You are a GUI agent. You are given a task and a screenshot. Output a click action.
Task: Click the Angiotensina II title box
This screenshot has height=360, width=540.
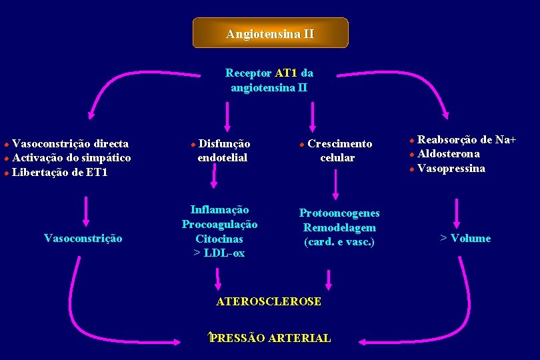(x=270, y=33)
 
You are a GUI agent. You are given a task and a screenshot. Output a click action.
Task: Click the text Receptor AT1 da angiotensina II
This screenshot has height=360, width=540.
(x=269, y=80)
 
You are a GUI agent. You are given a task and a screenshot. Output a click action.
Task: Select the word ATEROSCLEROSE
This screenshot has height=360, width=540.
(x=269, y=301)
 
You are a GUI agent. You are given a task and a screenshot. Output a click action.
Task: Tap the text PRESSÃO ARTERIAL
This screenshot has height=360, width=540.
(x=270, y=338)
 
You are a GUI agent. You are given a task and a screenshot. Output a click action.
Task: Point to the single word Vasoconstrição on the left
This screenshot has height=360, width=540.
(x=83, y=238)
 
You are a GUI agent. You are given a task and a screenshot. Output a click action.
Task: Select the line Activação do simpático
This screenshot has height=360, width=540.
(x=71, y=158)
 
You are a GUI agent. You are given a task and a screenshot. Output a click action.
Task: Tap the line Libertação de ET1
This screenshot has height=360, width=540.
(x=60, y=173)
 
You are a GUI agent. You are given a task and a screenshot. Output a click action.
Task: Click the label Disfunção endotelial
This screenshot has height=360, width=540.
(x=222, y=151)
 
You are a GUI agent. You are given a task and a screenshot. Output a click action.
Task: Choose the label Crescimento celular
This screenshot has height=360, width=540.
(x=337, y=151)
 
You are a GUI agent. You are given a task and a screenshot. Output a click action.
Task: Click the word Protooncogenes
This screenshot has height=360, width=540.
(x=339, y=213)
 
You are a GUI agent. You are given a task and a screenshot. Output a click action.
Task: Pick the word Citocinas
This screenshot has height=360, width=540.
(x=219, y=239)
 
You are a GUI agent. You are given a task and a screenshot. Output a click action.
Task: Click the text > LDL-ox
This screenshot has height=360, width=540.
(x=219, y=253)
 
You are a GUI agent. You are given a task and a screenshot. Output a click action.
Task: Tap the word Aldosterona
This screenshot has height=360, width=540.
(x=448, y=154)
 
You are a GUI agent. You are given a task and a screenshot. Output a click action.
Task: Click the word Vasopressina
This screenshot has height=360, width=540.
(x=451, y=169)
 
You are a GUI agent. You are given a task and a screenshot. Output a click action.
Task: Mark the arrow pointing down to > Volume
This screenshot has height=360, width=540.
(x=457, y=213)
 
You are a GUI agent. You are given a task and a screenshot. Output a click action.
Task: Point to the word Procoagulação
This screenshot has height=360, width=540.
(x=219, y=224)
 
